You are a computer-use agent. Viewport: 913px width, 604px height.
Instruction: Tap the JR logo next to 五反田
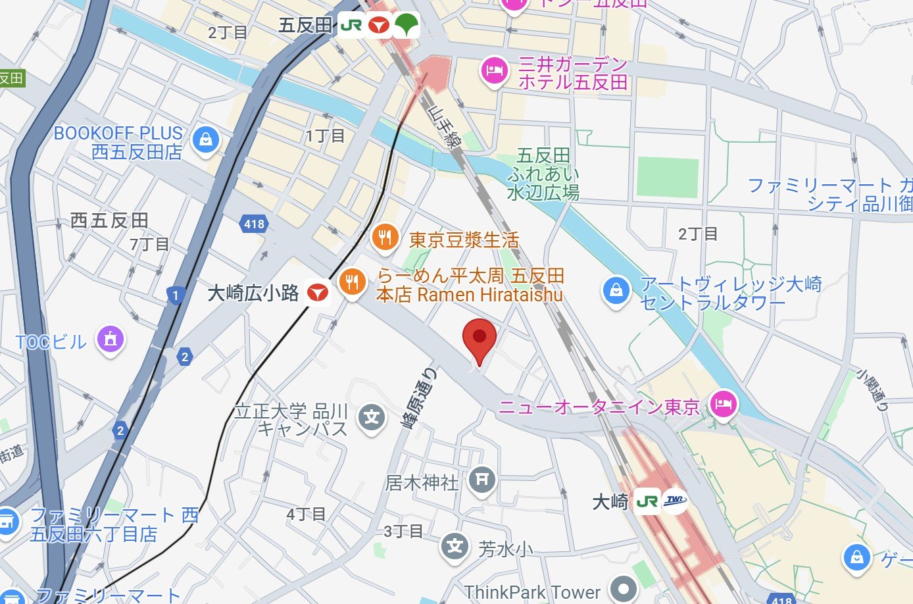click(351, 26)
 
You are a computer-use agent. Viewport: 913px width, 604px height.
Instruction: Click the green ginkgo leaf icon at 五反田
click(406, 25)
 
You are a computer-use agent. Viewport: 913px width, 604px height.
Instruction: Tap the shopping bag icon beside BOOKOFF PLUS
click(206, 140)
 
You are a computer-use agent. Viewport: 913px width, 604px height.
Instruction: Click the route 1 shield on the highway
click(175, 295)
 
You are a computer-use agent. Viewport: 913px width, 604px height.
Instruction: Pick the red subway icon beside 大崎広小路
click(318, 292)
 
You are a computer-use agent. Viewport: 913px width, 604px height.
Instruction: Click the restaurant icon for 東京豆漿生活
click(385, 238)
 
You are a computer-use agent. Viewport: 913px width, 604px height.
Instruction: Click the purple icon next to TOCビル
click(111, 340)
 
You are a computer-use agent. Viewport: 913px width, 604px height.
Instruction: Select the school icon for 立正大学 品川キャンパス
click(372, 417)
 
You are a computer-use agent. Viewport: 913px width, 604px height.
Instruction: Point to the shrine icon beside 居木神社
click(481, 480)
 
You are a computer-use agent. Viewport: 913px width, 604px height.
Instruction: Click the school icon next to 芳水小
click(455, 546)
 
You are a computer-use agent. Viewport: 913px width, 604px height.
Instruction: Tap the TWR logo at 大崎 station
click(675, 501)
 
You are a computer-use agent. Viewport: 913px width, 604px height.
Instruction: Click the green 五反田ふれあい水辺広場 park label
click(543, 174)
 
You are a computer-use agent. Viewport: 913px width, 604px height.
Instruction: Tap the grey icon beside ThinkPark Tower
click(622, 589)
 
